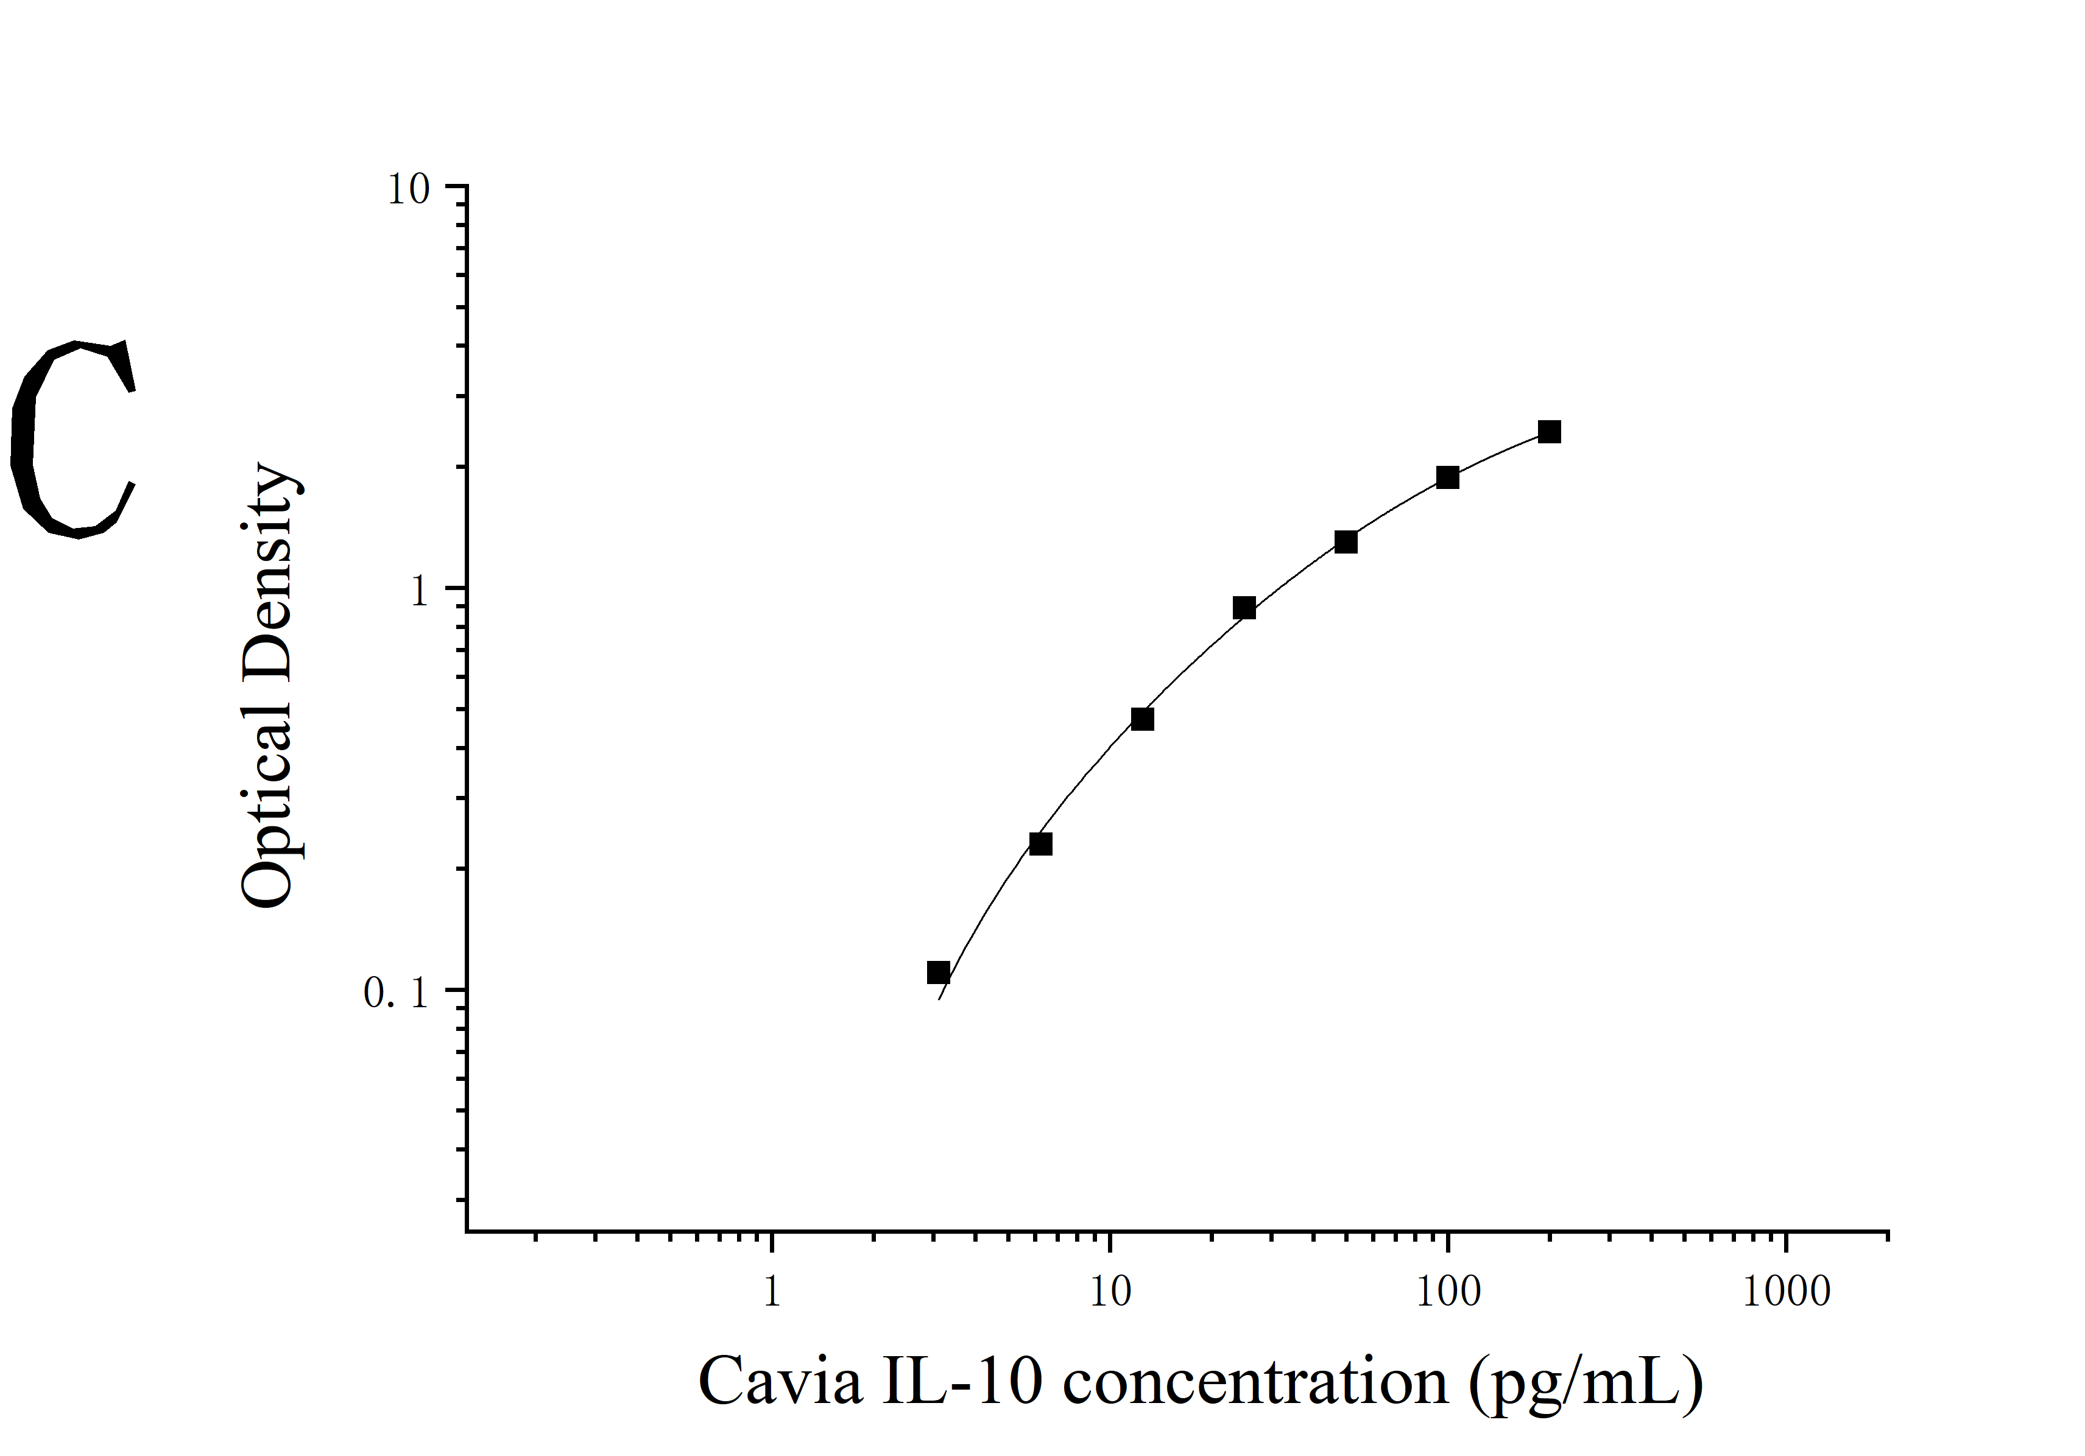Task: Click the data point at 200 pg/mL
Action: (x=1549, y=432)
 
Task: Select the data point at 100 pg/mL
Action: (x=1447, y=477)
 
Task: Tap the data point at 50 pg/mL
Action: (x=1346, y=542)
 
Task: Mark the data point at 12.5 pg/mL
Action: (x=1142, y=719)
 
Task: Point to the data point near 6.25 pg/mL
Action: (x=1041, y=844)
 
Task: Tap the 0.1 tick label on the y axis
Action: (x=395, y=994)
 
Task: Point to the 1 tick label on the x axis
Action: (x=772, y=1292)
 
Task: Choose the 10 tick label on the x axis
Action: (x=1110, y=1292)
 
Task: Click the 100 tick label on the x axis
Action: (x=1448, y=1292)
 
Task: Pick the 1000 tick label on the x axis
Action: (x=1787, y=1292)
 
